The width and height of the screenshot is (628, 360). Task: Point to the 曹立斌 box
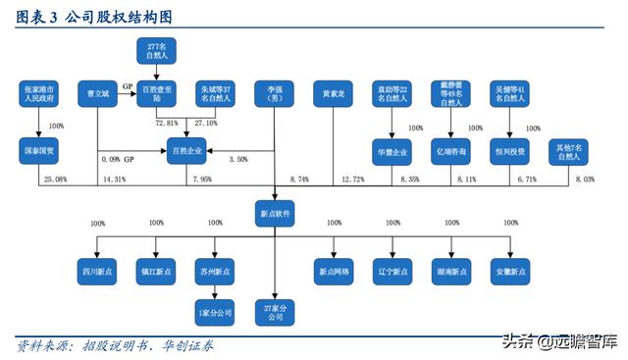[98, 93]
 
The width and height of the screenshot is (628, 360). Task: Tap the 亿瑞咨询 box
[452, 152]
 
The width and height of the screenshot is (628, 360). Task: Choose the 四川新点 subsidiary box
[98, 268]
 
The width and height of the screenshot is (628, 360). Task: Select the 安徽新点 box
[510, 268]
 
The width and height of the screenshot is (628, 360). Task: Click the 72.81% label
[167, 124]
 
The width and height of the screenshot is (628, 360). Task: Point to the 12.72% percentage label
[352, 179]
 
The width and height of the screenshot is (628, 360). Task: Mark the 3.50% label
[238, 159]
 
